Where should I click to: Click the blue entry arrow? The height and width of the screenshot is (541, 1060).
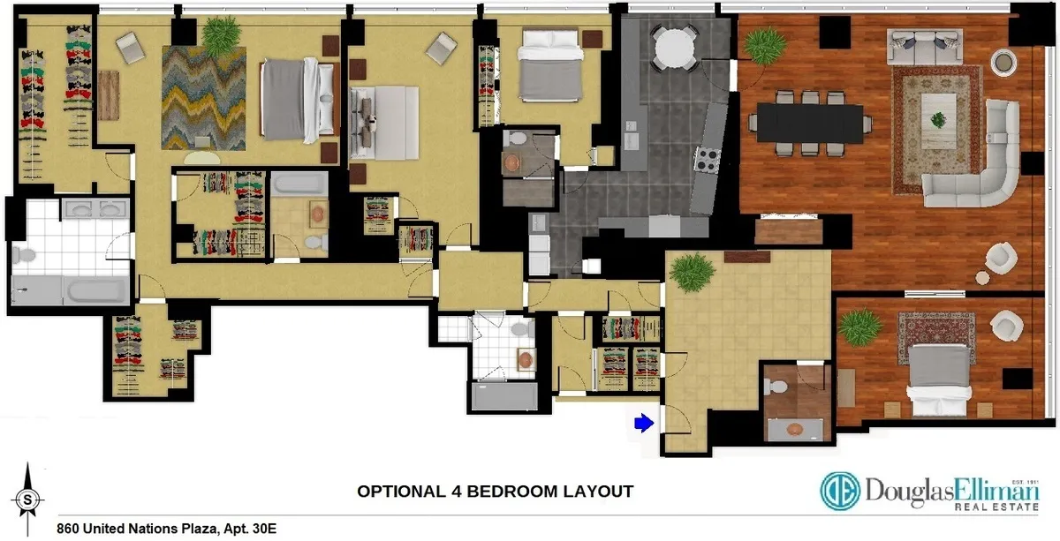(x=644, y=425)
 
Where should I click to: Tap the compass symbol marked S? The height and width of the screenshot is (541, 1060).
(x=29, y=499)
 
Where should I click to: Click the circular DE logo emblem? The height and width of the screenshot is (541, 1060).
(x=840, y=492)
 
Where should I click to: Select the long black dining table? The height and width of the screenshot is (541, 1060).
(x=807, y=123)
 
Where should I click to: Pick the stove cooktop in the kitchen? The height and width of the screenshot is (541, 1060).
(x=708, y=159)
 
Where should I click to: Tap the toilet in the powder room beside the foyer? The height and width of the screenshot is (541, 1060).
(x=775, y=387)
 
